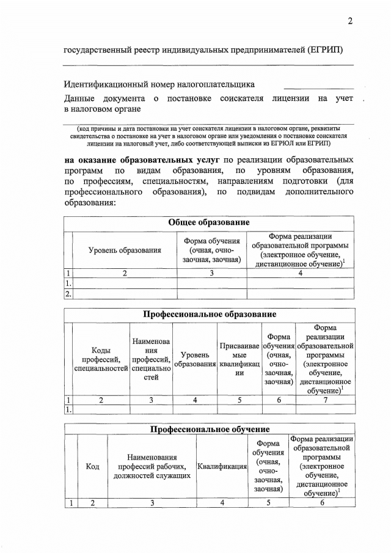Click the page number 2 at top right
point(350,21)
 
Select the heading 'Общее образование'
point(209,223)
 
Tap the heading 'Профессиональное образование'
point(209,314)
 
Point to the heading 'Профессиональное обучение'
point(209,429)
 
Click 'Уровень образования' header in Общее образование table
point(125,249)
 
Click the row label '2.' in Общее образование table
point(68,295)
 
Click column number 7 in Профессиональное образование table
point(324,400)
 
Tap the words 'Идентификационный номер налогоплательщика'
point(159,84)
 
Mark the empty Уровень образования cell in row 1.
point(125,284)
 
